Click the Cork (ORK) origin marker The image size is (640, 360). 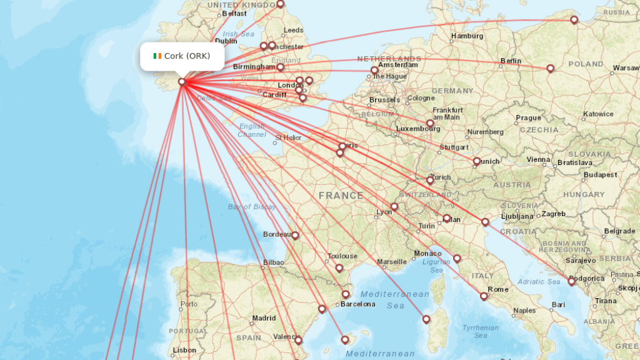[x=182, y=81]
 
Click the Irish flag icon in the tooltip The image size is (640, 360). [x=157, y=56]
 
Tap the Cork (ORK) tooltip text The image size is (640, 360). [x=187, y=56]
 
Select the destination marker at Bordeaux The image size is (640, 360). [x=295, y=236]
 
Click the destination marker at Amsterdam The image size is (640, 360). [x=374, y=71]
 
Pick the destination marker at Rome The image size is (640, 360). [x=484, y=296]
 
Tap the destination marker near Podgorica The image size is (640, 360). [x=571, y=282]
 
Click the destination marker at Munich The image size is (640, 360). [x=477, y=161]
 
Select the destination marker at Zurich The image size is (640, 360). [x=430, y=180]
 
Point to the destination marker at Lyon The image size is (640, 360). [x=394, y=207]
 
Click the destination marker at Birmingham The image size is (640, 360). [x=281, y=67]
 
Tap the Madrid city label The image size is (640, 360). [x=264, y=318]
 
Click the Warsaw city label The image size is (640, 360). [x=626, y=67]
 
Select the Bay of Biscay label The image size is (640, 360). [x=251, y=207]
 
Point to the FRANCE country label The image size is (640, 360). [x=341, y=196]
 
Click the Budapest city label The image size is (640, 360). [x=601, y=175]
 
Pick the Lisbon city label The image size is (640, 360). [x=184, y=350]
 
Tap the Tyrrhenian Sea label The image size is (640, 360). [x=480, y=331]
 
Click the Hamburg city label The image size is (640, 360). [x=467, y=36]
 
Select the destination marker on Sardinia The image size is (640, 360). [x=426, y=319]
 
